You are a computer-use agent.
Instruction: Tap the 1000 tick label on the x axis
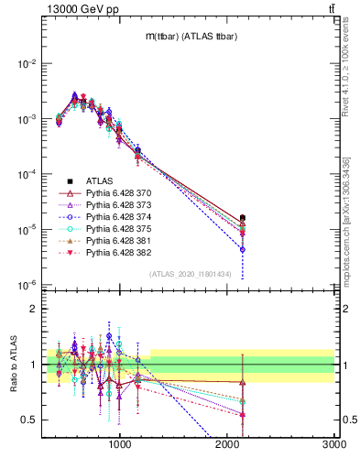point(120,445)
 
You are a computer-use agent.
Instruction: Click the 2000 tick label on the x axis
point(227,445)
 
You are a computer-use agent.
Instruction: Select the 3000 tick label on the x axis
point(333,445)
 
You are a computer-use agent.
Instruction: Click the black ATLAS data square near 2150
point(243,218)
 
